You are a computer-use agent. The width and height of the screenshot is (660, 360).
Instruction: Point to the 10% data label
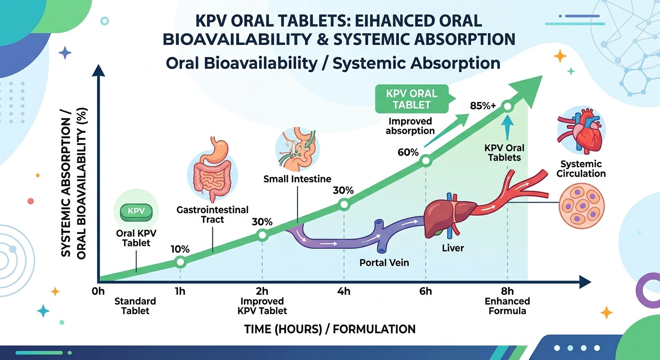tap(180, 249)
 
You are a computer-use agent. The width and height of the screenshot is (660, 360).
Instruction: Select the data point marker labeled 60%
tap(426, 160)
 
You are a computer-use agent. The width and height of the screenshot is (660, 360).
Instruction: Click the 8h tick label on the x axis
tap(507, 291)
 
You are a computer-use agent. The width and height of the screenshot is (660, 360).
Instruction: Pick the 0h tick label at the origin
tap(98, 292)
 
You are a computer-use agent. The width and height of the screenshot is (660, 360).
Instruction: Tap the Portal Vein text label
tap(384, 262)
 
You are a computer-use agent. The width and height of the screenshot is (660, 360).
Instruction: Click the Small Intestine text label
tap(297, 179)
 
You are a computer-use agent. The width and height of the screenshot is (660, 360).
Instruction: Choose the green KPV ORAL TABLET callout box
tap(412, 98)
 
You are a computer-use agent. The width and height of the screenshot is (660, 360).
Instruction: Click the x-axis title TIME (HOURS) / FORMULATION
tap(330, 329)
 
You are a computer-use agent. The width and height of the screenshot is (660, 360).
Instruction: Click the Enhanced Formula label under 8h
tap(507, 306)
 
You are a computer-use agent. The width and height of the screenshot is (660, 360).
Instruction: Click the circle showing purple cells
tap(582, 206)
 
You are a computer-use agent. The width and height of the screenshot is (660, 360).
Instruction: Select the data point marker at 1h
tap(180, 262)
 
